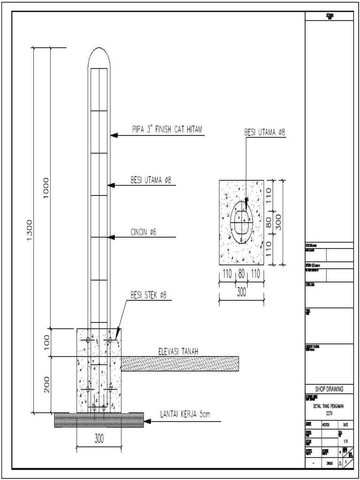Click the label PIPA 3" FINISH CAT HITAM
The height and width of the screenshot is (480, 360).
pyautogui.click(x=166, y=130)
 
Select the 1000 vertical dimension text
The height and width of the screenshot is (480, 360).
pyautogui.click(x=46, y=187)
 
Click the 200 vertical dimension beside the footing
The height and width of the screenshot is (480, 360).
pyautogui.click(x=46, y=385)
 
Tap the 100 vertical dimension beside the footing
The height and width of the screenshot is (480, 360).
pyautogui.click(x=46, y=342)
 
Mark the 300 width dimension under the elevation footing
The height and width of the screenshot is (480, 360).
pyautogui.click(x=99, y=439)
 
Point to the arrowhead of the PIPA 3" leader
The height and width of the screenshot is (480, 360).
pyautogui.click(x=113, y=135)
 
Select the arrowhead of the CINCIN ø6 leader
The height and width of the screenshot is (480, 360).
pyautogui.click(x=113, y=237)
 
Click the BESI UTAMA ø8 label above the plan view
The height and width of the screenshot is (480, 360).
pyautogui.click(x=264, y=133)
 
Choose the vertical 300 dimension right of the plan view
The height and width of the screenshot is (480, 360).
pyautogui.click(x=278, y=220)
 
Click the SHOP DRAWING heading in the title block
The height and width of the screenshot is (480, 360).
pyautogui.click(x=328, y=389)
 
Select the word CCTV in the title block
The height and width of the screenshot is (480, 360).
pyautogui.click(x=328, y=413)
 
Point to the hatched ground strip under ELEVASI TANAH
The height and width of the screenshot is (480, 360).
pyautogui.click(x=180, y=363)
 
